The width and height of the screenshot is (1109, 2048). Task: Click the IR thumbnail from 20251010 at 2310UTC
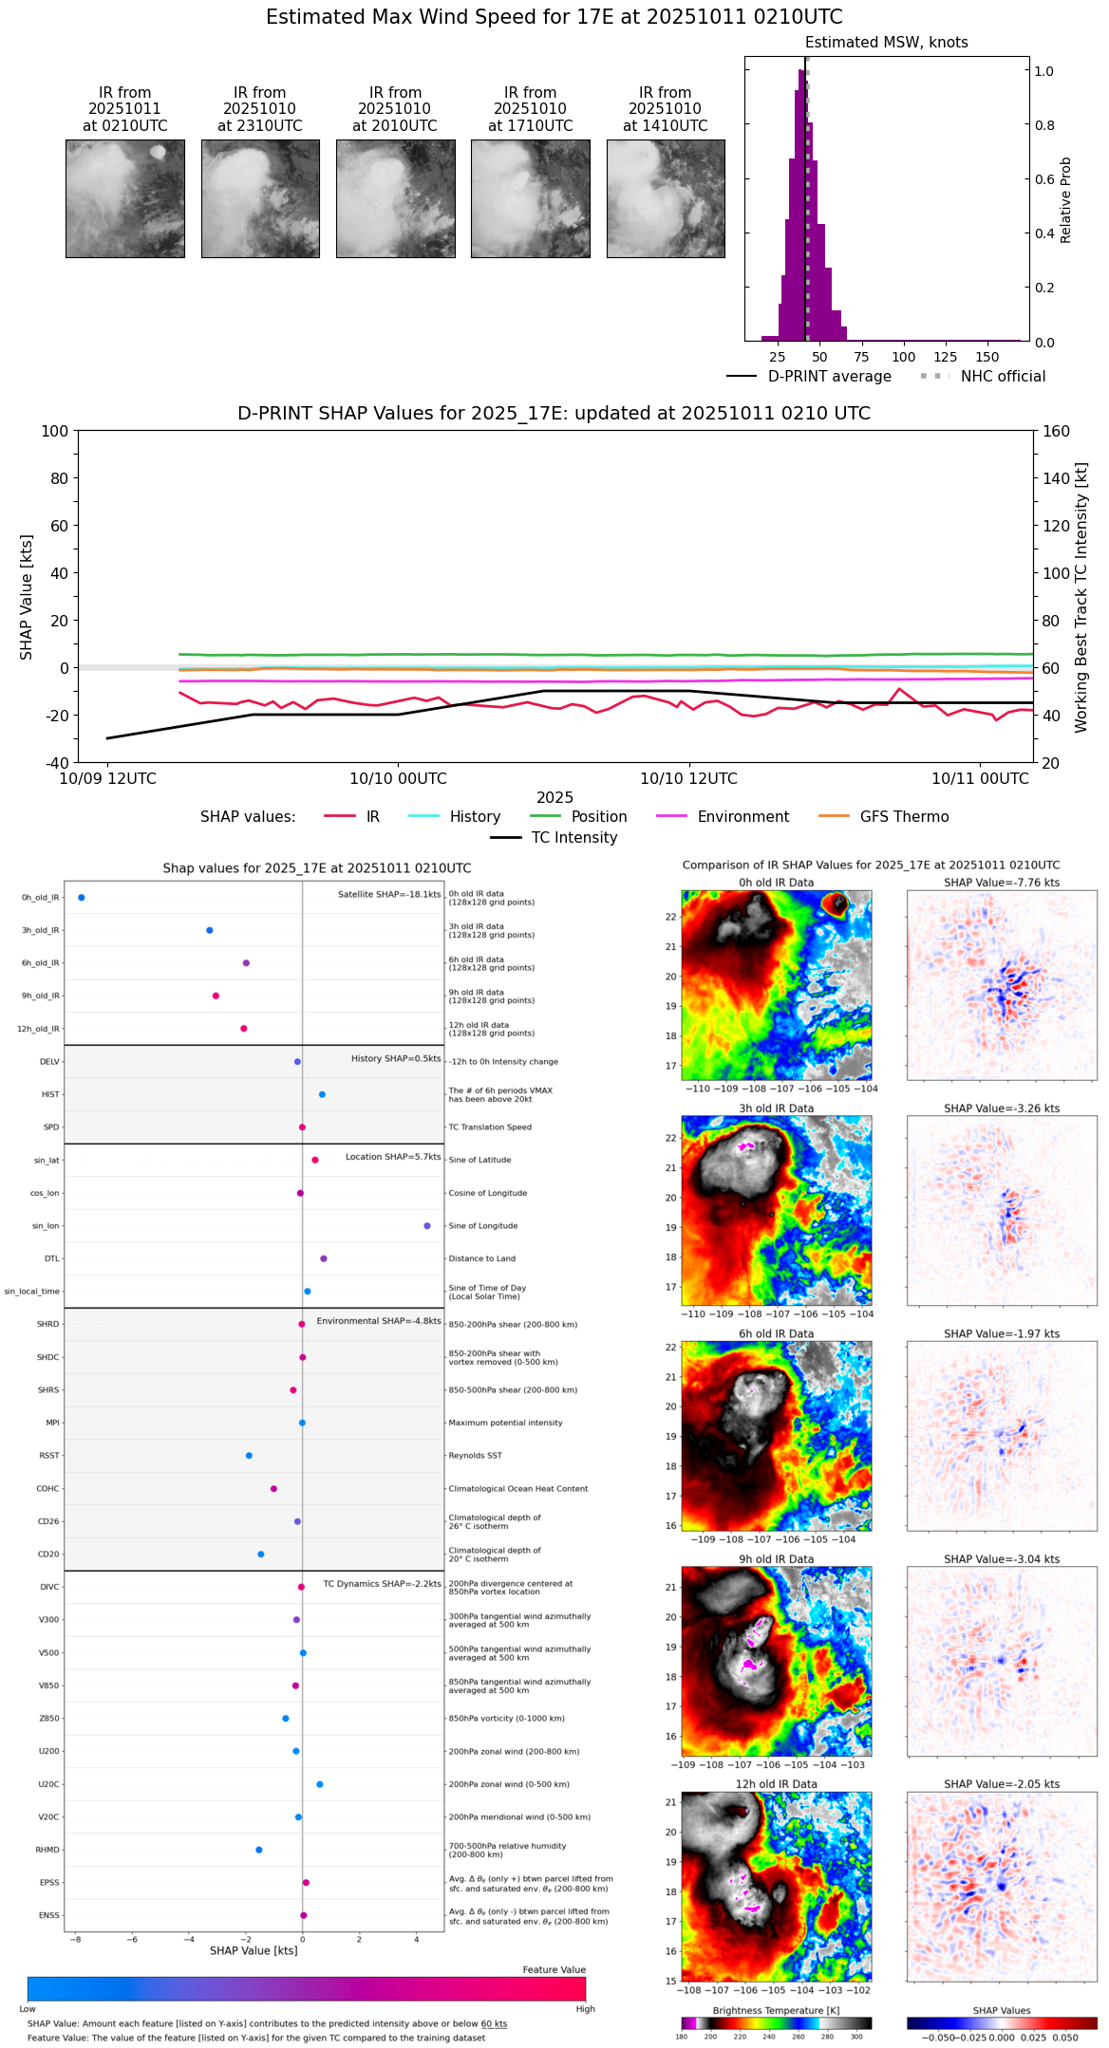tap(260, 198)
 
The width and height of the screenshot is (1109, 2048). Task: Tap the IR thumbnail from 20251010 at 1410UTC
tap(666, 198)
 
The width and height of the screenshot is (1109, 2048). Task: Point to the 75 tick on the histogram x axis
tap(861, 357)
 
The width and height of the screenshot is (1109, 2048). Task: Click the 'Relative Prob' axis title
tap(1066, 199)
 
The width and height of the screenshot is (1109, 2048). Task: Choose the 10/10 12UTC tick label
tap(688, 778)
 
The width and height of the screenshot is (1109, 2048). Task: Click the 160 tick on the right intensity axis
tap(1057, 431)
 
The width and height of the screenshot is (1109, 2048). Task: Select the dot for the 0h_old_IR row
tap(82, 897)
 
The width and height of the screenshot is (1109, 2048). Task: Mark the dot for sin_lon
tap(427, 1226)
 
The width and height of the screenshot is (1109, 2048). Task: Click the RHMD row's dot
tap(258, 1850)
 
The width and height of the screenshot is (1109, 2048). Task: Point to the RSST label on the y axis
tap(49, 1456)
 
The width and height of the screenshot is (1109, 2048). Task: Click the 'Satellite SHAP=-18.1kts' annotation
tap(389, 894)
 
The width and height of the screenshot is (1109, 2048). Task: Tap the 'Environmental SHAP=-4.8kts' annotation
tap(379, 1321)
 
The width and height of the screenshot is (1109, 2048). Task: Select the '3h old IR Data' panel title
tap(776, 1108)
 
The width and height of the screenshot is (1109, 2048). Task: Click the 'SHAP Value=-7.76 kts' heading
tap(1002, 883)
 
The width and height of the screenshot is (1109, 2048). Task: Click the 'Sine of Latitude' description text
tap(479, 1160)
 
